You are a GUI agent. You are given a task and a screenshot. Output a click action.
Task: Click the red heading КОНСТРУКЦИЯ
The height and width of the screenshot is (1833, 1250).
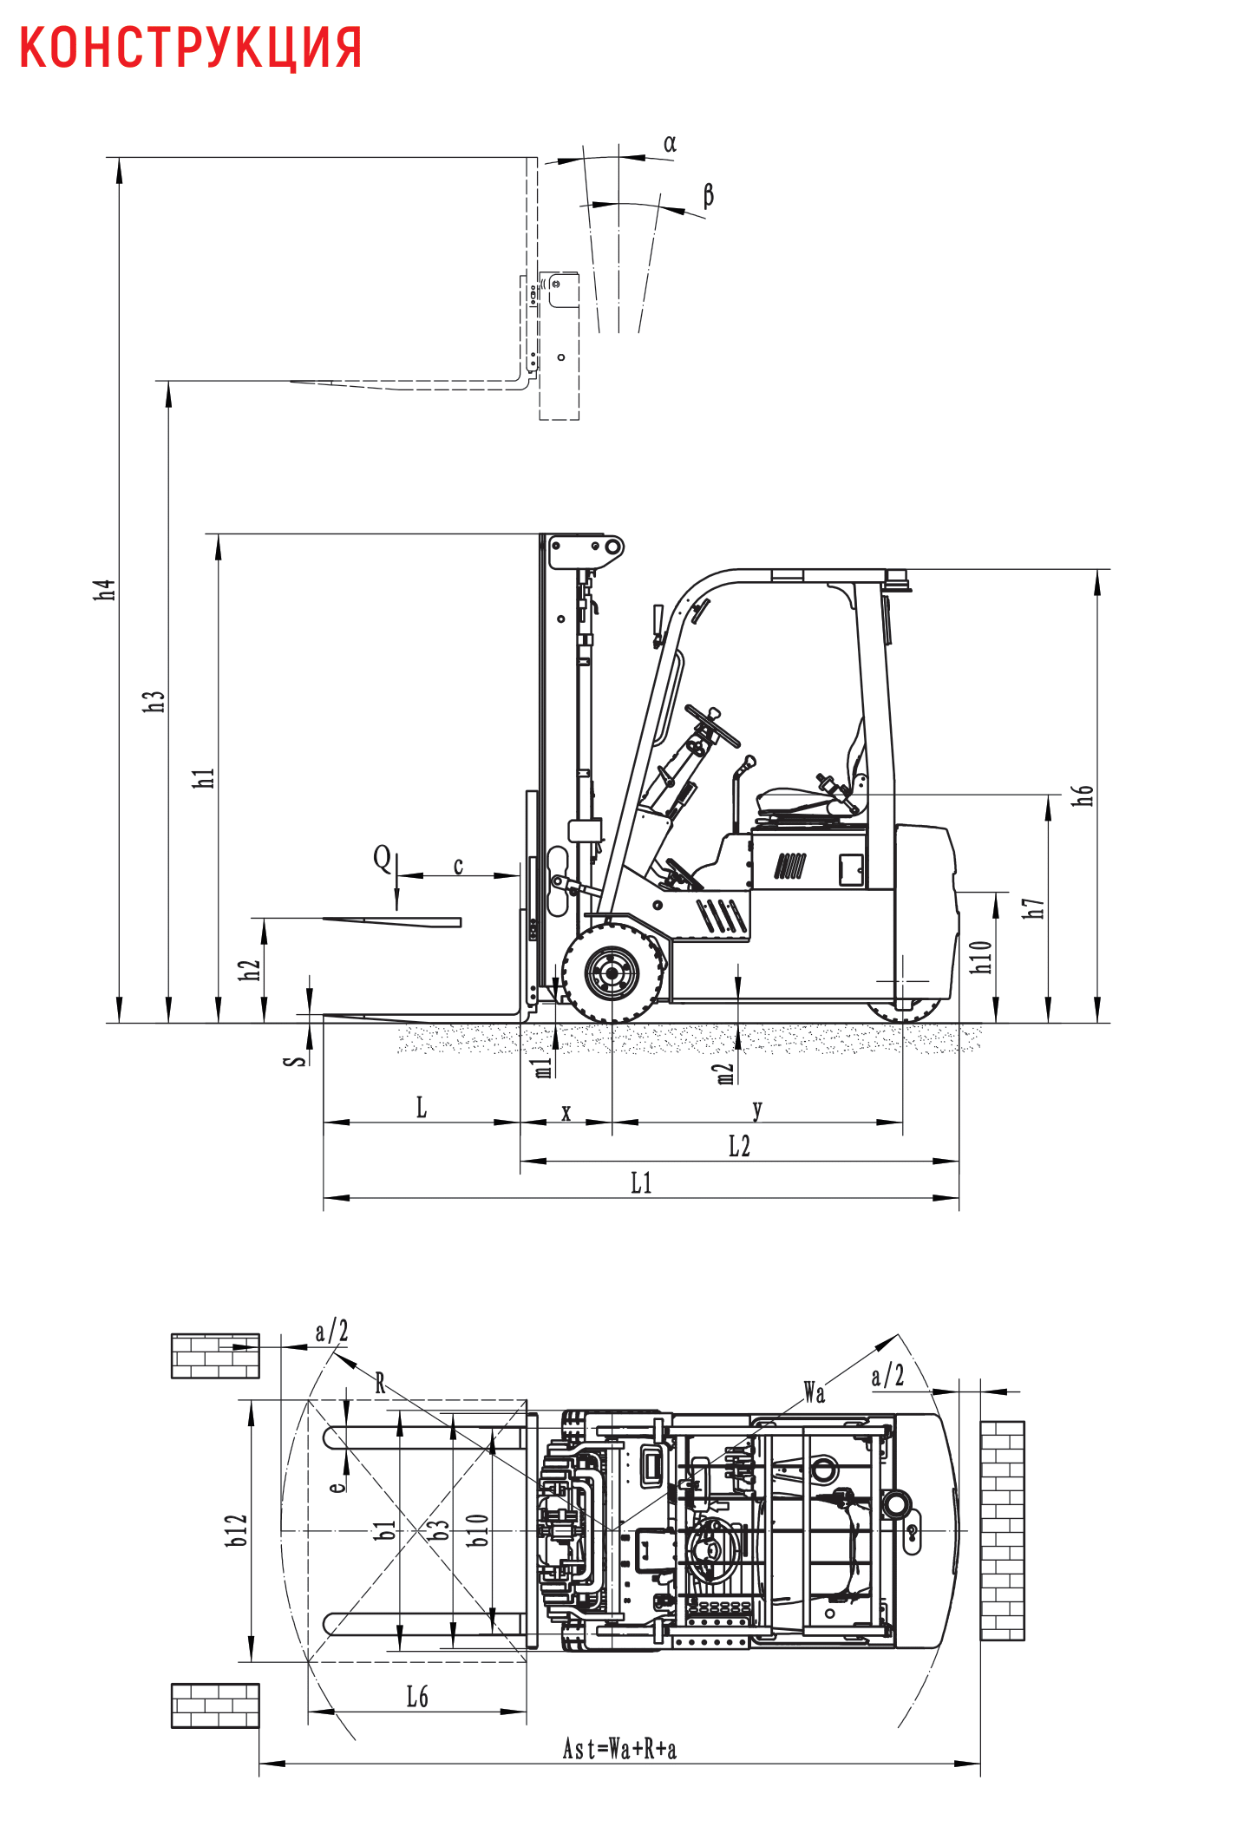click(190, 47)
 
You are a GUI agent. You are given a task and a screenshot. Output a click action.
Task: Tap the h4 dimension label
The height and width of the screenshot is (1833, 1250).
click(105, 590)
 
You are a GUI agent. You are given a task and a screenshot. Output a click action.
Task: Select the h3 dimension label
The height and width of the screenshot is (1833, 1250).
click(154, 702)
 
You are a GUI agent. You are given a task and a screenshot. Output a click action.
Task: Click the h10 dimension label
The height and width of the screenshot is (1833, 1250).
click(980, 957)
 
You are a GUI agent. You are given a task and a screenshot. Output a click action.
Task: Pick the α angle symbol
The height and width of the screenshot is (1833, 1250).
click(670, 144)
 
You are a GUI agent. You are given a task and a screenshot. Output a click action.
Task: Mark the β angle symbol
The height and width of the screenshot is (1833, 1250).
click(708, 195)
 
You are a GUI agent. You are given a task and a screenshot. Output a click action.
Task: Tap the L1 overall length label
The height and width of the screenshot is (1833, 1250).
click(641, 1182)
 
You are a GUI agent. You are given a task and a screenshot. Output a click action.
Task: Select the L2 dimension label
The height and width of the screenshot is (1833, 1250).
click(739, 1146)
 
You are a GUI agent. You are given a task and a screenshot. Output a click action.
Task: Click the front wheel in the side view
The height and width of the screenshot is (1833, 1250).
click(612, 973)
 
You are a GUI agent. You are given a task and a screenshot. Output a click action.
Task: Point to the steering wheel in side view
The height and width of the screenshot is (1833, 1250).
click(712, 726)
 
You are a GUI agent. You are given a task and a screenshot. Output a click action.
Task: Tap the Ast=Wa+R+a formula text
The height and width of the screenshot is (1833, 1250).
click(619, 1749)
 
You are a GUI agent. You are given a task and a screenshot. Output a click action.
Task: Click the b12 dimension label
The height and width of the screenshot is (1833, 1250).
click(236, 1530)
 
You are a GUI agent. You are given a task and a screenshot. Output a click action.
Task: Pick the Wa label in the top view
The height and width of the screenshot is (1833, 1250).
click(814, 1392)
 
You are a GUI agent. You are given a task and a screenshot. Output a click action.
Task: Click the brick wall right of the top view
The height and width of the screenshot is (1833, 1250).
click(1002, 1530)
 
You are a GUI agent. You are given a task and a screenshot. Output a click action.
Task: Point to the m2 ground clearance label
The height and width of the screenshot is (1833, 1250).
click(725, 1074)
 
